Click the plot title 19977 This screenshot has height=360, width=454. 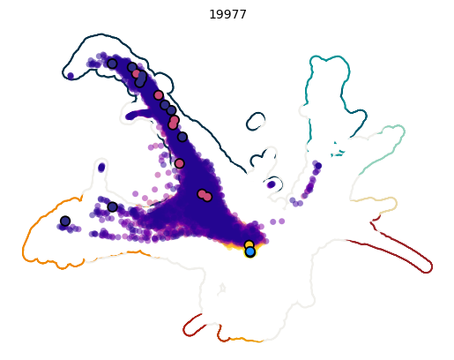227,14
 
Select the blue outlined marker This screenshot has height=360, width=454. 250,251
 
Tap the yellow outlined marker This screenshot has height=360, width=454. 249,244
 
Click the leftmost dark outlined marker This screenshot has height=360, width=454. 65,221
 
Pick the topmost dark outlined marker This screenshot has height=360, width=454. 112,64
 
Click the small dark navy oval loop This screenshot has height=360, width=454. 256,120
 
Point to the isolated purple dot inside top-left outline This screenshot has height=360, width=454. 71,76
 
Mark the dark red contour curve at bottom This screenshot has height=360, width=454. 190,327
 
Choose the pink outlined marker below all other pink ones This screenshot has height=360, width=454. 207,197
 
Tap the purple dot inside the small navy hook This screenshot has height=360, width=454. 271,184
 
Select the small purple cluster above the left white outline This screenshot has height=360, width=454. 101,167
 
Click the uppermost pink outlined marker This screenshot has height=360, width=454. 137,74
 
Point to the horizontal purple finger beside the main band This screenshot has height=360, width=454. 141,115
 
